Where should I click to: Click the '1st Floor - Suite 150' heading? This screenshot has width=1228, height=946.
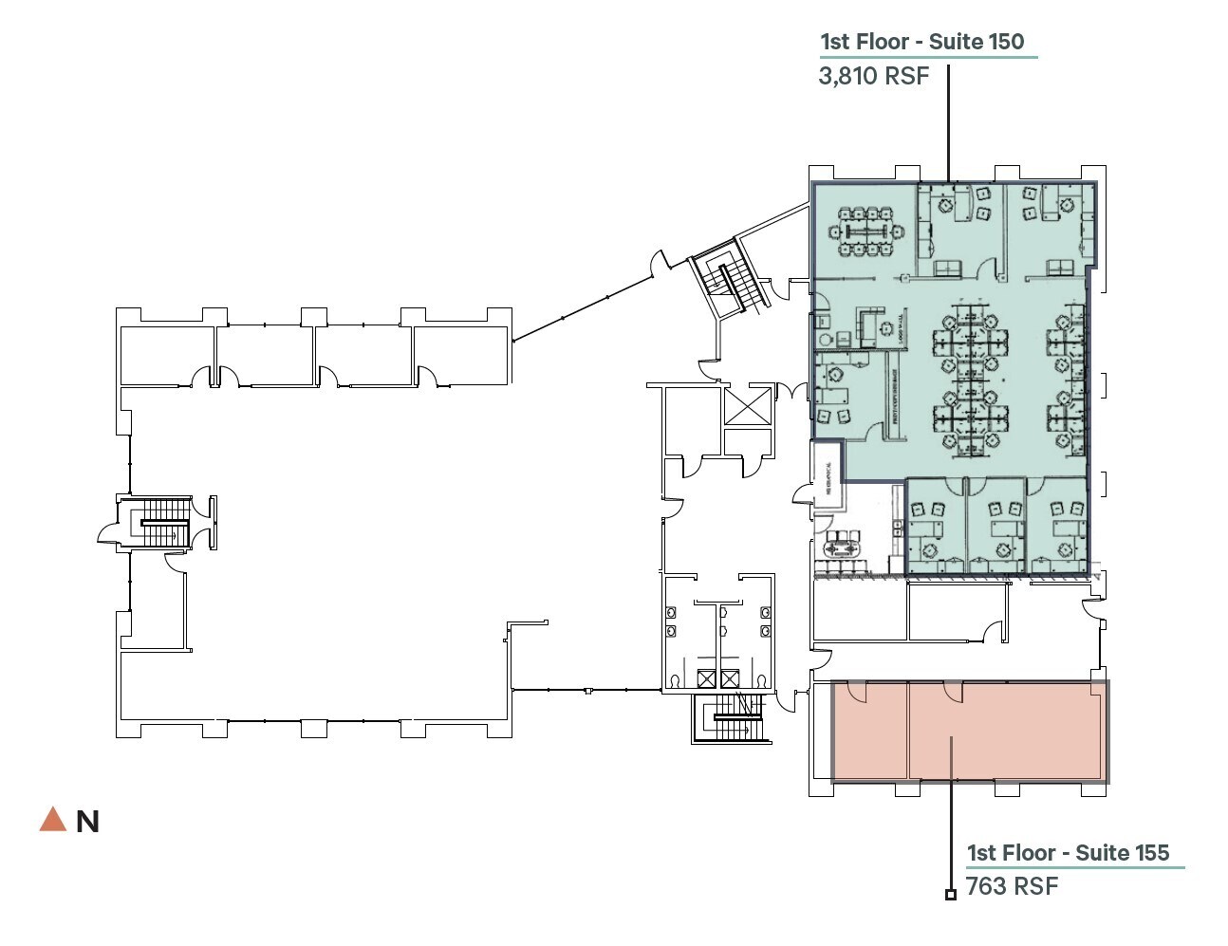pyautogui.click(x=921, y=42)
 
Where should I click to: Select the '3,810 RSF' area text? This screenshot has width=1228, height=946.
pyautogui.click(x=873, y=76)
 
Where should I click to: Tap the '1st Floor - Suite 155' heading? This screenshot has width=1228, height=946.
pyautogui.click(x=1068, y=853)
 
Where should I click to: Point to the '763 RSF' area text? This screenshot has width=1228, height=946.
pyautogui.click(x=1012, y=886)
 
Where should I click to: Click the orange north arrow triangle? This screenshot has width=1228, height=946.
pyautogui.click(x=52, y=820)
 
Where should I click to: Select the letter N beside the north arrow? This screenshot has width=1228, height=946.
pyautogui.click(x=87, y=822)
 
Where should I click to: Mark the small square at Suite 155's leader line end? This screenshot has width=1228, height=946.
pyautogui.click(x=950, y=894)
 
